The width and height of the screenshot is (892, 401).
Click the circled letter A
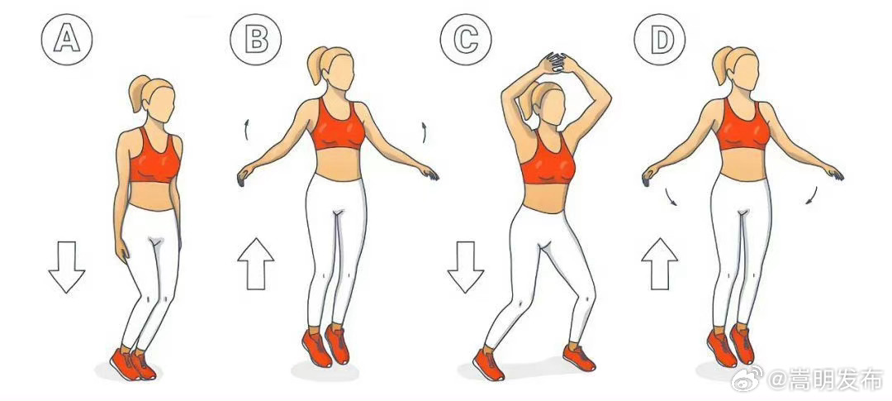point(67,40)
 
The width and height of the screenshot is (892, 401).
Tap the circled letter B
point(255,40)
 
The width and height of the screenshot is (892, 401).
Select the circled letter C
point(465,40)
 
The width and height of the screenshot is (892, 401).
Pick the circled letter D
point(660,40)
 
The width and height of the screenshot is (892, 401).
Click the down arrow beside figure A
point(67,267)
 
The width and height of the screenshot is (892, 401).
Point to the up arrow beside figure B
point(255,264)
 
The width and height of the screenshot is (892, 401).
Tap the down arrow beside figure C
point(465,267)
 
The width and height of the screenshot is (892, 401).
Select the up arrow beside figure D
point(660,264)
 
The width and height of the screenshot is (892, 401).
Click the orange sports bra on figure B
point(338,127)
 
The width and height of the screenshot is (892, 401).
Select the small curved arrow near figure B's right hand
point(246,130)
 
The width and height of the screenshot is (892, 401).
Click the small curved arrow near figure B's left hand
point(424,131)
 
